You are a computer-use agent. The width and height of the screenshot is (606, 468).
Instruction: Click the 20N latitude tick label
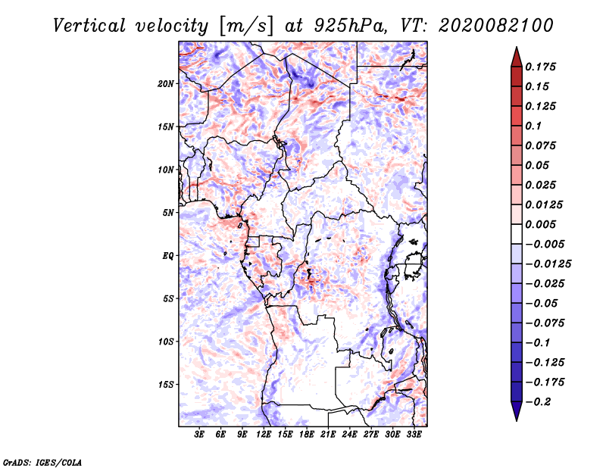166,84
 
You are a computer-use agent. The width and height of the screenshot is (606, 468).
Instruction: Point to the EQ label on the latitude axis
168,256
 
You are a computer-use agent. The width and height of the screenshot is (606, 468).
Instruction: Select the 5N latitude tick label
168,213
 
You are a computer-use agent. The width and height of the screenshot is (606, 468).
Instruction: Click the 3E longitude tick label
199,434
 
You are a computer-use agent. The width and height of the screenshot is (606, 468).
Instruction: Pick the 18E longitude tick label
307,434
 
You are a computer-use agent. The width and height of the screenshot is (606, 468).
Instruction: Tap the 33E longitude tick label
414,434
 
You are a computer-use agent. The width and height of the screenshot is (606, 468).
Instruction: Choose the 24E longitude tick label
349,434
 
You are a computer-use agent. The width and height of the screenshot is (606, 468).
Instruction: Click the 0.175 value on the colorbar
540,67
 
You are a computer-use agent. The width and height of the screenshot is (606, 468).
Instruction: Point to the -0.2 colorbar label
538,402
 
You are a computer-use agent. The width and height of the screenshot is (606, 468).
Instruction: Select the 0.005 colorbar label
540,224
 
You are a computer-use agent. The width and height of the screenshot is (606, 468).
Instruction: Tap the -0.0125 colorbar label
548,264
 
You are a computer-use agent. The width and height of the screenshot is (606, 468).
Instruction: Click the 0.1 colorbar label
533,126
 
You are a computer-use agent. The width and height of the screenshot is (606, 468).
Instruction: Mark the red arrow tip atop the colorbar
517,47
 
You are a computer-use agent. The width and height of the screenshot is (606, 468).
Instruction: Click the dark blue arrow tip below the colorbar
517,420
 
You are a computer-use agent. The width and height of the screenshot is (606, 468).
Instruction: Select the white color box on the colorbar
517,234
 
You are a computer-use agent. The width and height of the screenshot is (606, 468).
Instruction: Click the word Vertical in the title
89,26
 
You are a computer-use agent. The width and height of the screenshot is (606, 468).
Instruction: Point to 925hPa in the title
350,26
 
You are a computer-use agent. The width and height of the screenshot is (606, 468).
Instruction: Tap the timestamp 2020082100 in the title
496,26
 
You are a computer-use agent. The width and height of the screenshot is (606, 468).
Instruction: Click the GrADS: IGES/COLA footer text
42,463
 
